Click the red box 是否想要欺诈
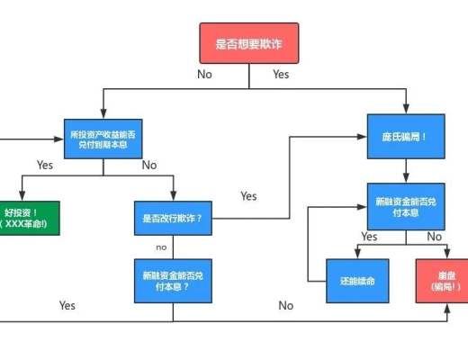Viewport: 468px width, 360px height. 248,43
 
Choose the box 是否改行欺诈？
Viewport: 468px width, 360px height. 172,218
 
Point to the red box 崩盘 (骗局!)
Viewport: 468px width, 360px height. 440,282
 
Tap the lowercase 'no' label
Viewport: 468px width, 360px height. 161,247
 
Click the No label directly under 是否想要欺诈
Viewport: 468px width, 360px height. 204,74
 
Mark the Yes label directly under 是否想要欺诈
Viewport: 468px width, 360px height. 281,74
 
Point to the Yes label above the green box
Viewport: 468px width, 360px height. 45,165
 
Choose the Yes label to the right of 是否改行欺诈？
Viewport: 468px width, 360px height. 248,195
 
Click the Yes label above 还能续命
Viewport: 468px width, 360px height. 369,237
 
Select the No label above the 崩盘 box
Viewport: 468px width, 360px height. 435,237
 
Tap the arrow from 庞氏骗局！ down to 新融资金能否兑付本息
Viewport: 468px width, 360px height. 405,171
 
